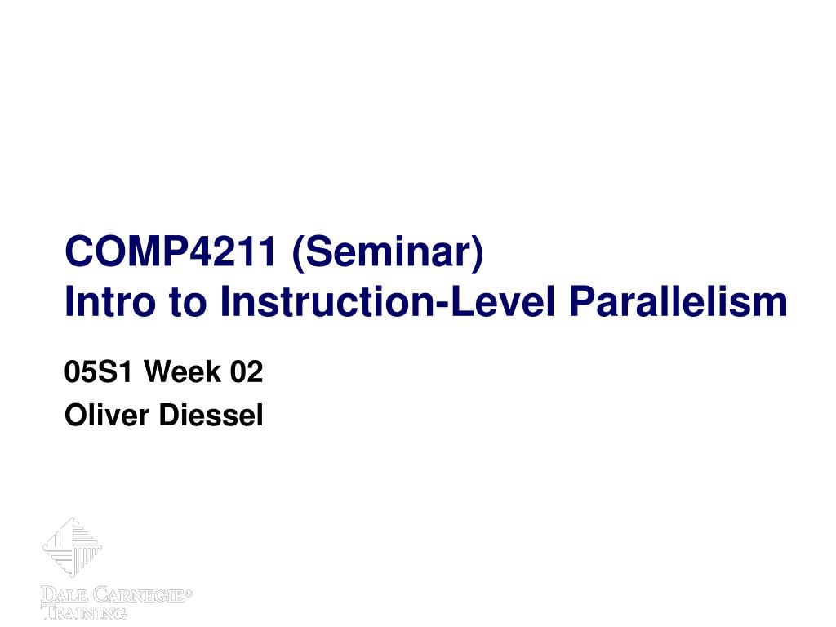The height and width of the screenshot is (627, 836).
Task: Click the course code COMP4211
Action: pos(170,251)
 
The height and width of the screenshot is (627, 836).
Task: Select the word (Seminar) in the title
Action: pos(388,253)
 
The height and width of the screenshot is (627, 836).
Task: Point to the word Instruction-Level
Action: pos(388,301)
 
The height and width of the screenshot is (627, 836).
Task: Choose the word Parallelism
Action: pos(678,301)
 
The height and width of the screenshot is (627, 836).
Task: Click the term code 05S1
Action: pos(98,371)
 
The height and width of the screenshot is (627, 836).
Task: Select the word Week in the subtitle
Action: pos(182,371)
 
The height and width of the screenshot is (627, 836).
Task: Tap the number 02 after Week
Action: pos(247,371)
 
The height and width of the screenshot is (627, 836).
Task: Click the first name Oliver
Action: pos(107,415)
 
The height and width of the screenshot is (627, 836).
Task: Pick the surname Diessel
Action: pos(211,415)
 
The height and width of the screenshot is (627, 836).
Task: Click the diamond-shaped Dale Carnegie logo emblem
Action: pos(72,546)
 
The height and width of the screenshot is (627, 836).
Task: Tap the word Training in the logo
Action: pos(84,612)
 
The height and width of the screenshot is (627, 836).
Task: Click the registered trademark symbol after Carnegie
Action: pos(189,591)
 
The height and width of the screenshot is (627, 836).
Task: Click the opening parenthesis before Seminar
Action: pos(298,254)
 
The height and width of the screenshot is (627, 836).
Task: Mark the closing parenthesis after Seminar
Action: pos(477,254)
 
